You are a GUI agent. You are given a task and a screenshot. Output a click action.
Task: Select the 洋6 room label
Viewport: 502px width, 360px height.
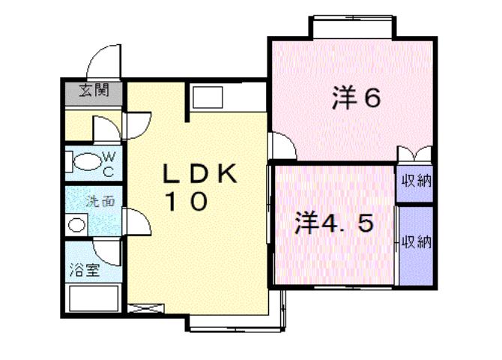point(357,100)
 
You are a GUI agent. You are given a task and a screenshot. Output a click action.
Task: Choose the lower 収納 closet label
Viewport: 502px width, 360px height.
point(416,241)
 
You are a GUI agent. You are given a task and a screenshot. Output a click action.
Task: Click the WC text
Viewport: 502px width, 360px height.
point(108,163)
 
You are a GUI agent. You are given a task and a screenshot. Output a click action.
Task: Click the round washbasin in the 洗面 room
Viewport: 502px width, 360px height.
point(75,224)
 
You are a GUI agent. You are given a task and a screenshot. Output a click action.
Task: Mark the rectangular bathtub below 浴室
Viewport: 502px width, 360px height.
point(93,299)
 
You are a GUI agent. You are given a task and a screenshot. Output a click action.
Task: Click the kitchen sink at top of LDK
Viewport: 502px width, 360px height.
point(205,97)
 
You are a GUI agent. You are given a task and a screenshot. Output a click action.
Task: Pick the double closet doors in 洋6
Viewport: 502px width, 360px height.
point(415,154)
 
